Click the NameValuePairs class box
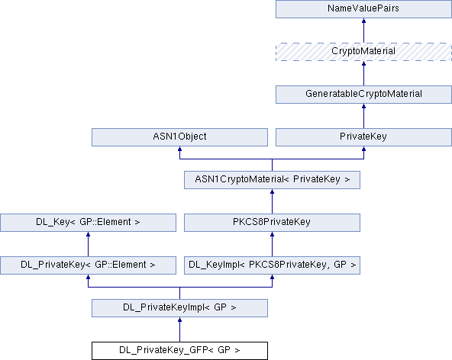(363, 9)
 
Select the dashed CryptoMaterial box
(363, 52)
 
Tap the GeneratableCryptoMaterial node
(363, 95)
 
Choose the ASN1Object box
(179, 137)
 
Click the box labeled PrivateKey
(363, 137)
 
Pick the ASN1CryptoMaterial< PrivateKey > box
(272, 180)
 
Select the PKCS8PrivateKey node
(272, 223)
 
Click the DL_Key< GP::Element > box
(89, 223)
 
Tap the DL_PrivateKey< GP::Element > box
(89, 265)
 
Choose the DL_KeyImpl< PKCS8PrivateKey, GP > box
(272, 265)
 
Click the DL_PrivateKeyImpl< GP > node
(179, 308)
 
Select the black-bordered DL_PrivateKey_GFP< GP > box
(179, 351)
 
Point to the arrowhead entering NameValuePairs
(363, 21)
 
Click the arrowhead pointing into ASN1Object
(179, 149)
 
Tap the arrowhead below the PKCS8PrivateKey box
(272, 234)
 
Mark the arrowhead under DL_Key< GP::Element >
(89, 234)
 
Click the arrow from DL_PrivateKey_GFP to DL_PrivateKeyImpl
(179, 329)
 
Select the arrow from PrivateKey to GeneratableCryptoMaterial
(363, 116)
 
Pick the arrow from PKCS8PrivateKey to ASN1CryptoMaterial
(272, 201)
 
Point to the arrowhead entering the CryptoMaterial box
(363, 63)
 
